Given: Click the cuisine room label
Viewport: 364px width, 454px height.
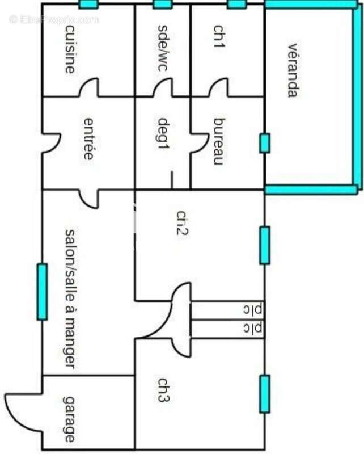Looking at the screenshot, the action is (70, 49).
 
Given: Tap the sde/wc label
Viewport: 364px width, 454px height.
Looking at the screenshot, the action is (163, 48).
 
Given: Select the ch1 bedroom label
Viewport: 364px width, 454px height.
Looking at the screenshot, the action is (219, 36).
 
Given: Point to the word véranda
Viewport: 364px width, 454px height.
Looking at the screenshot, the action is (293, 70).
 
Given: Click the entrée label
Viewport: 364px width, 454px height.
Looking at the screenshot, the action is (88, 138).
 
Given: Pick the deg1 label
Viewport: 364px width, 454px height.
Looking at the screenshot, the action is (163, 133).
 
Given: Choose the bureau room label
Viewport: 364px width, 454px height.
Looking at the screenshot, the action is (219, 141).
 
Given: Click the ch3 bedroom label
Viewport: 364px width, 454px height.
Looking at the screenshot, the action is (164, 390).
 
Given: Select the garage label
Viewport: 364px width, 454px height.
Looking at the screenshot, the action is (69, 419).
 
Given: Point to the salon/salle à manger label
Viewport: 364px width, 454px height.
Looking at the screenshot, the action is (70, 299).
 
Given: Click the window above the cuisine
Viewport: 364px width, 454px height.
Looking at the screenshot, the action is (88, 5).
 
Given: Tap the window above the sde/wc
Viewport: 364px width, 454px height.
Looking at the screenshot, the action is (162, 5).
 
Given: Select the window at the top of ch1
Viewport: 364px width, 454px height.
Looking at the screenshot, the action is (237, 5).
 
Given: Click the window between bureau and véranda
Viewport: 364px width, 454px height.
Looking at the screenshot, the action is (264, 143).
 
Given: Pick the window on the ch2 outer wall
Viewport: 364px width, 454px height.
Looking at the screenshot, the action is (265, 246).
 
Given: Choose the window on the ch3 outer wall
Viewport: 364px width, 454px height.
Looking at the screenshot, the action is (265, 394).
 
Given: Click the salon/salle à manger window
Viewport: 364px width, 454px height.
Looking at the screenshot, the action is (43, 292).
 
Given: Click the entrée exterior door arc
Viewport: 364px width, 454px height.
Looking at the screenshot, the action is (57, 144).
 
